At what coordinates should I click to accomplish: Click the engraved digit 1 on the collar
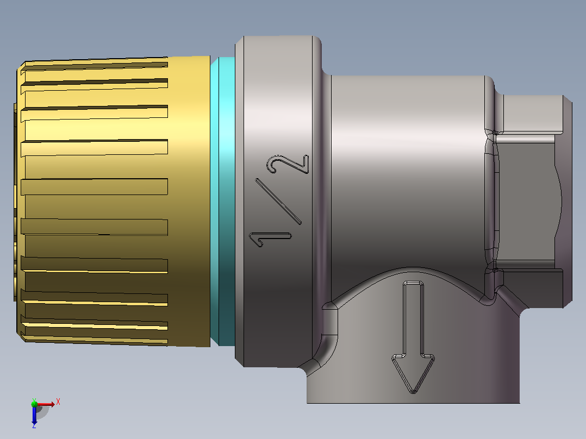[x=270, y=238]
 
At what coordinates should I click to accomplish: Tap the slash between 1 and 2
[x=278, y=202]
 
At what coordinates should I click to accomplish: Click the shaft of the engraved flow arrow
[x=413, y=318]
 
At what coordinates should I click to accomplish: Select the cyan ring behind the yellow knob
[x=222, y=201]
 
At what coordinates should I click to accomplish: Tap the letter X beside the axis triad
[x=58, y=402]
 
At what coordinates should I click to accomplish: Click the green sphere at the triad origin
[x=34, y=404]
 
